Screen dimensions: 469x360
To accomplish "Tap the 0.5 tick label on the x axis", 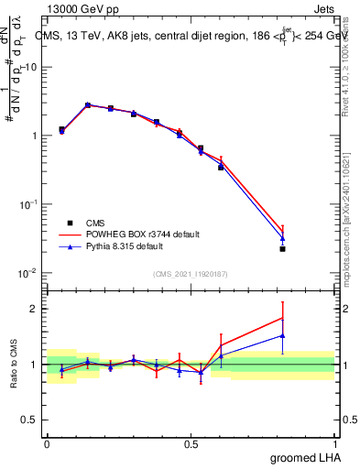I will click(x=191, y=443).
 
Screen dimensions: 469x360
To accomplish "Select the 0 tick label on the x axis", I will click(x=47, y=443).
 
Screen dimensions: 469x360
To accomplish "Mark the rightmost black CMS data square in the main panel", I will click(x=283, y=249).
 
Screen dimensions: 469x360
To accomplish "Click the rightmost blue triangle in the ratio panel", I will click(x=283, y=335).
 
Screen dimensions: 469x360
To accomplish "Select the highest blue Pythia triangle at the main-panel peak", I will click(x=89, y=105).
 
